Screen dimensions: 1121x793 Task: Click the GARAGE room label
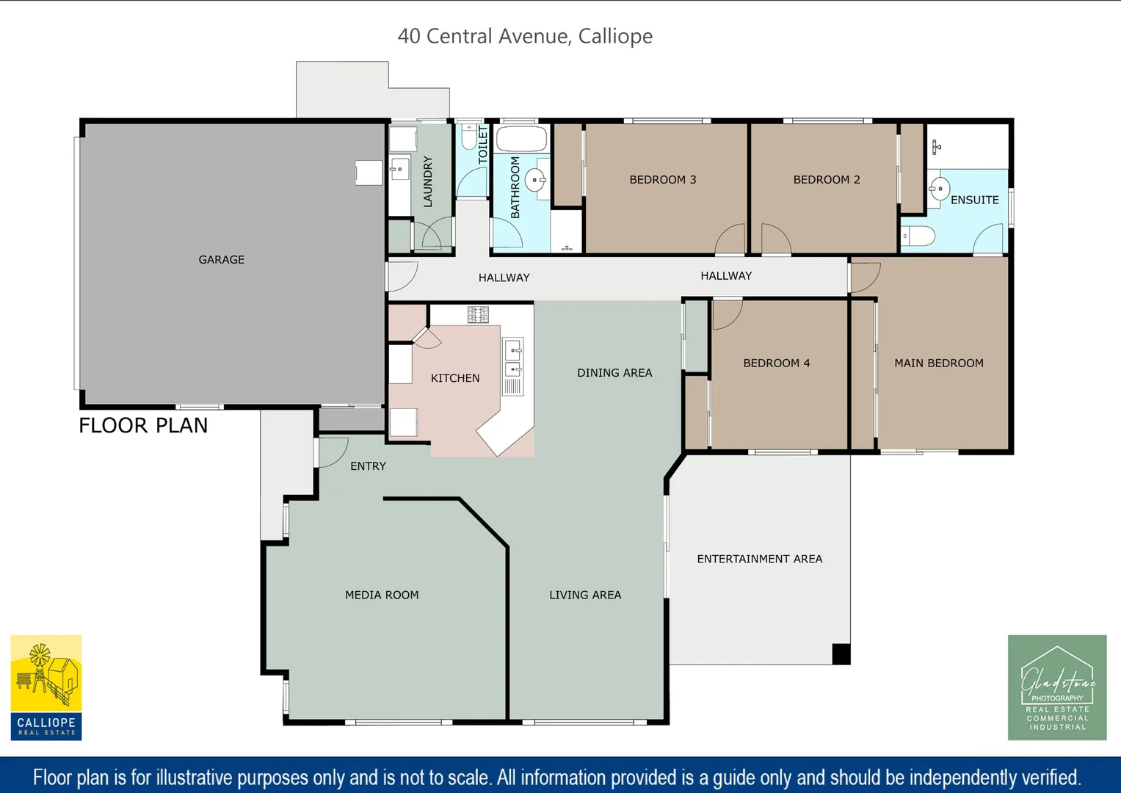[221, 259]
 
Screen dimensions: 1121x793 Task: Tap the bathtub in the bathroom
[521, 139]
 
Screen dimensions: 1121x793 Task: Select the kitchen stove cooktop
[478, 315]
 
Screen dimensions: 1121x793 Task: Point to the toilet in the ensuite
[918, 236]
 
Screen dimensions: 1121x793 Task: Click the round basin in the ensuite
[940, 189]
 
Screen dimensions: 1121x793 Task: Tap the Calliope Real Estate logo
[46, 687]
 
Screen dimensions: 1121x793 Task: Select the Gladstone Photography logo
[1057, 687]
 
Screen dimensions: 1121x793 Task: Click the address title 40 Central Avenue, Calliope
[525, 36]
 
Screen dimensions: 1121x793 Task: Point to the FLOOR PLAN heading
[143, 426]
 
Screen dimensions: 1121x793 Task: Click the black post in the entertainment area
[841, 653]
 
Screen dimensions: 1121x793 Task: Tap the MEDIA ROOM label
[382, 595]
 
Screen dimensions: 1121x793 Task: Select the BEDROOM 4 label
[776, 363]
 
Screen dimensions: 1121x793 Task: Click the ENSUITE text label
[974, 200]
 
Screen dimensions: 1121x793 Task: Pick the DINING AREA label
[614, 373]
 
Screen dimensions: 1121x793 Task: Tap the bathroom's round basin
[536, 180]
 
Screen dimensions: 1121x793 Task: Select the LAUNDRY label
[427, 181]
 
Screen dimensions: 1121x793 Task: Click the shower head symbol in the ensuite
[936, 147]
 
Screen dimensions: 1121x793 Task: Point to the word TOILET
[482, 145]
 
